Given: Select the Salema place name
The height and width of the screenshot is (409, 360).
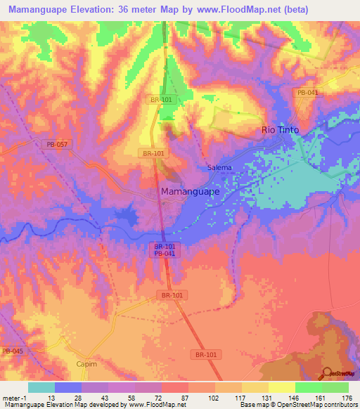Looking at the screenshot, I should (x=219, y=168).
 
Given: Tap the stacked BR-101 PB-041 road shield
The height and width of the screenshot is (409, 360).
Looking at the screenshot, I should (x=165, y=249).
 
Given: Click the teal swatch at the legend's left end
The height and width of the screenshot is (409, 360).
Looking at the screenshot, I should (x=41, y=387).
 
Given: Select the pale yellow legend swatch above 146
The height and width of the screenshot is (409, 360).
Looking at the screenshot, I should (x=281, y=387).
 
